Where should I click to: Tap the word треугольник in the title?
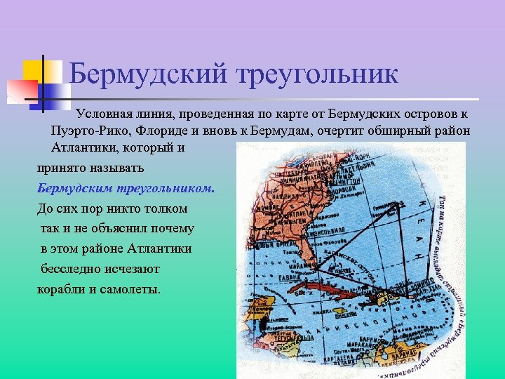point(316,73)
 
